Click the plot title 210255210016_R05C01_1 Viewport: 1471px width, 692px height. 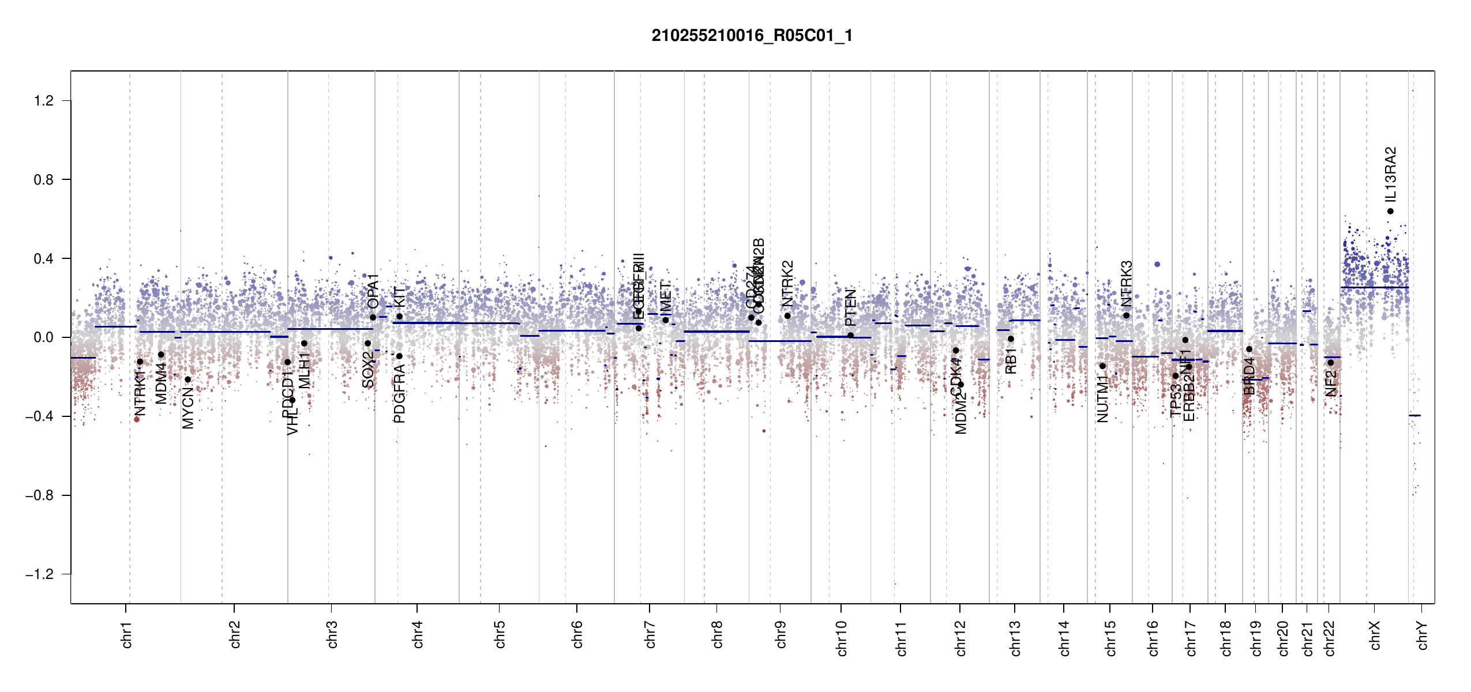752,36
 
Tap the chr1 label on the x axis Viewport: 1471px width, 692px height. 127,634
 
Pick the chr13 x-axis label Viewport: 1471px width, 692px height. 1015,638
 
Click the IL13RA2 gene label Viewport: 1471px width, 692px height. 1390,174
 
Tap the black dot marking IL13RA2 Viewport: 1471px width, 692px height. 1390,211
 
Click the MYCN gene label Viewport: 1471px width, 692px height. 188,408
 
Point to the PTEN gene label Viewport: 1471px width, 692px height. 850,308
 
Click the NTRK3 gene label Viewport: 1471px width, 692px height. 1127,283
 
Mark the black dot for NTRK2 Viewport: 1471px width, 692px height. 787,316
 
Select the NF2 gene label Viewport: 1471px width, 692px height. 1331,383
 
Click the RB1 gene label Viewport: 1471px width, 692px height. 1011,361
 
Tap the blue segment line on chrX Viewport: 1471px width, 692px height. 1374,287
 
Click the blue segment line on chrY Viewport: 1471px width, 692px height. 1414,415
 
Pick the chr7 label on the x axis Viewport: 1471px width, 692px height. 650,634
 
